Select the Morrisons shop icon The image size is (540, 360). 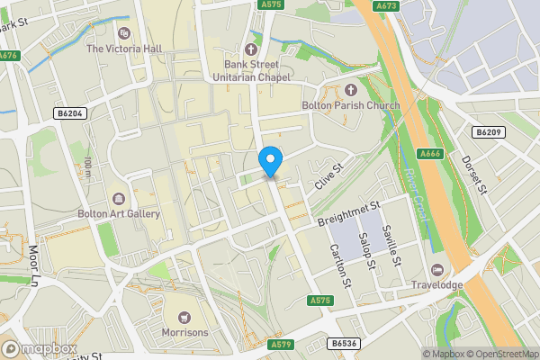coord(184,318)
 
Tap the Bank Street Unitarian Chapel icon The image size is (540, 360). coord(250,49)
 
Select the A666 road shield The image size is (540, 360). coord(431,153)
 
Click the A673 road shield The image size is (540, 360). coord(387,5)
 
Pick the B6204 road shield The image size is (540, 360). coord(68,113)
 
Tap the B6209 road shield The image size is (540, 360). coord(487,132)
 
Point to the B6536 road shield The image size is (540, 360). coord(342,344)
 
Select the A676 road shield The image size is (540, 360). coord(9,55)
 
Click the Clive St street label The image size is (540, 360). coord(330,176)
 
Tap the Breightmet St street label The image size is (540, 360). coord(345,214)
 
